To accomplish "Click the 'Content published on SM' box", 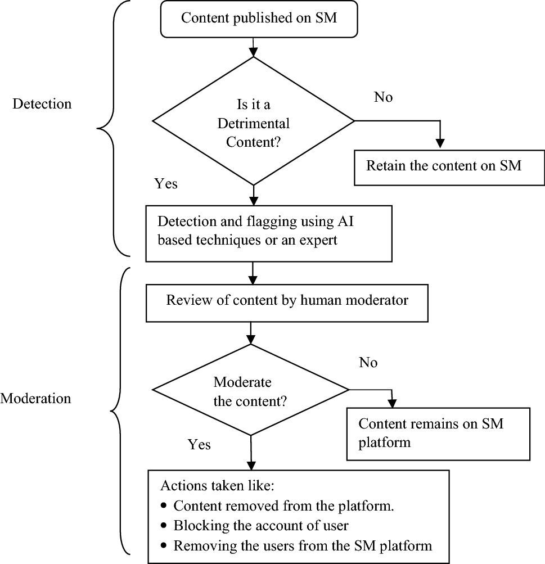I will pyautogui.click(x=259, y=18).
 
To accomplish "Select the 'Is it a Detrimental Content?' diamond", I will pyautogui.click(x=254, y=121).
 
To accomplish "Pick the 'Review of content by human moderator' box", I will pyautogui.click(x=287, y=301).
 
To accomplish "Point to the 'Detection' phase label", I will pyautogui.click(x=42, y=104).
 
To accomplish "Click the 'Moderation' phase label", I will pyautogui.click(x=36, y=399).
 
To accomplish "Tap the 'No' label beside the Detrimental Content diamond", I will pyautogui.click(x=383, y=97).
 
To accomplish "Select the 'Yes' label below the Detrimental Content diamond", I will pyautogui.click(x=166, y=184).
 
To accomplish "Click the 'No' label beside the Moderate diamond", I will pyautogui.click(x=368, y=363).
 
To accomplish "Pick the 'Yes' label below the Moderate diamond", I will pyautogui.click(x=199, y=445).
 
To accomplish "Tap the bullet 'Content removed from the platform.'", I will pyautogui.click(x=283, y=506).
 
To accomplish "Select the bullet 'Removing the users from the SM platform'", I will pyautogui.click(x=302, y=545).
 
